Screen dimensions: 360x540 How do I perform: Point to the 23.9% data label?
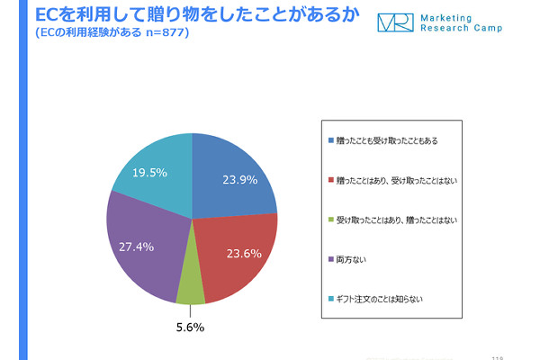click(x=240, y=179)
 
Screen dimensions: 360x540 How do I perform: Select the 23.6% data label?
click(x=238, y=254)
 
